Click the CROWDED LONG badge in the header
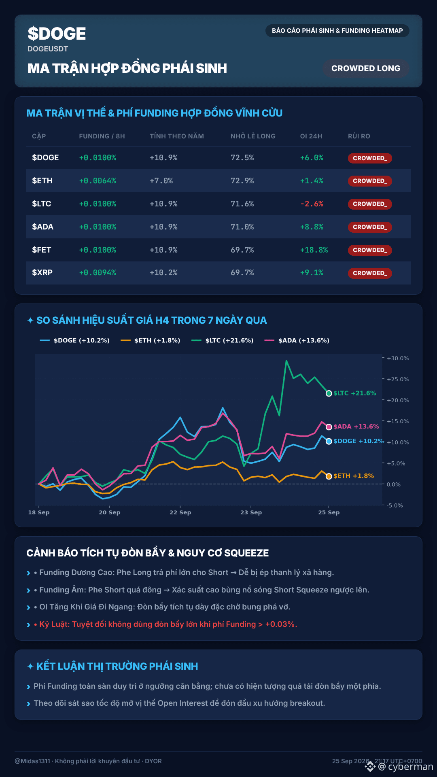(x=366, y=68)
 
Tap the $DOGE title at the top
(x=57, y=34)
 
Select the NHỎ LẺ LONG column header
(x=253, y=136)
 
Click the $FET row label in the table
(x=42, y=250)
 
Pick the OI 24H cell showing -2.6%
(x=312, y=204)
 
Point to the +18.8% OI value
(x=314, y=250)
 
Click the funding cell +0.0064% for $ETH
(x=98, y=181)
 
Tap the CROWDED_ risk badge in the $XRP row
(x=370, y=273)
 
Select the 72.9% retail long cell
(x=242, y=181)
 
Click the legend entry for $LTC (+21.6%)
(x=223, y=340)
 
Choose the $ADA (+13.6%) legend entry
(x=297, y=340)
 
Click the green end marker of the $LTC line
(x=329, y=393)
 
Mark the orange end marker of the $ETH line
(x=329, y=476)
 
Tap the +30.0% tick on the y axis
(x=398, y=358)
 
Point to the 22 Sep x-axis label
(x=180, y=512)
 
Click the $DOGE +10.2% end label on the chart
(x=359, y=441)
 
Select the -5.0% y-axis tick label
(x=395, y=505)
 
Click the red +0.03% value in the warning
(x=281, y=624)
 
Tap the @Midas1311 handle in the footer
(x=32, y=761)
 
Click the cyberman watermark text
(x=410, y=767)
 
